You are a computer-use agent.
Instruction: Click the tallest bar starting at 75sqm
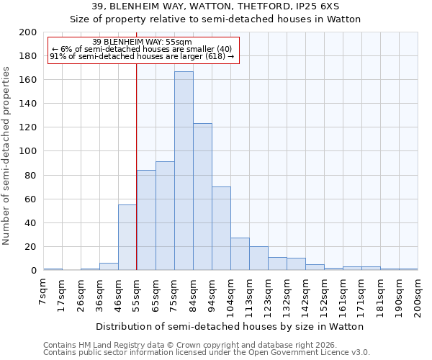click(x=184, y=171)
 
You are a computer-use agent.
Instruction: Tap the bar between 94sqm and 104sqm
click(x=221, y=228)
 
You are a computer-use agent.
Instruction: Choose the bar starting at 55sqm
click(x=146, y=220)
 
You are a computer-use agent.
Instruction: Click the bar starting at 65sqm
click(x=165, y=216)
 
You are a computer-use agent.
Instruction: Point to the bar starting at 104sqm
click(x=240, y=254)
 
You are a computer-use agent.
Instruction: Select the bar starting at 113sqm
click(x=258, y=258)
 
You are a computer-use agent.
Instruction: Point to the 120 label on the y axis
click(x=28, y=127)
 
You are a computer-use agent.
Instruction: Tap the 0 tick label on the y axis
click(x=33, y=271)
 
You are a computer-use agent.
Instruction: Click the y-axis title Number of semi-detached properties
click(x=6, y=156)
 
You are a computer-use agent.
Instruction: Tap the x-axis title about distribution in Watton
click(x=230, y=326)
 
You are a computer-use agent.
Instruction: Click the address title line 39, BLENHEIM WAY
click(x=215, y=6)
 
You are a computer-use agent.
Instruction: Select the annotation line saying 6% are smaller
click(x=141, y=49)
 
